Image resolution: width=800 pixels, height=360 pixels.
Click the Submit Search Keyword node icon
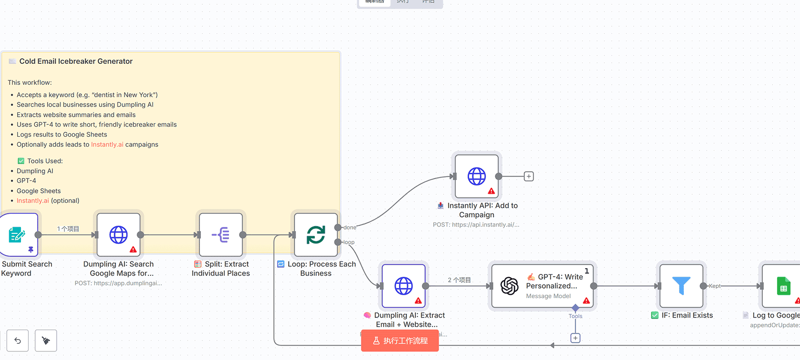coord(18,235)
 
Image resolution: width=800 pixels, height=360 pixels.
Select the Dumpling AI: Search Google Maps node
coord(119,235)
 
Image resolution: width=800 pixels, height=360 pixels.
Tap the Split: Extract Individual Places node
coord(221,235)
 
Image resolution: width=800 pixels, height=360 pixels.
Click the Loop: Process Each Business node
coord(316,235)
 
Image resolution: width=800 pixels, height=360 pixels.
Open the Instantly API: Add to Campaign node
coord(477,176)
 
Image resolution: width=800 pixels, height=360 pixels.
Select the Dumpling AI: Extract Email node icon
coord(404,286)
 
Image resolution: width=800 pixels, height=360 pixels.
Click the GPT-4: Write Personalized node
coord(543,286)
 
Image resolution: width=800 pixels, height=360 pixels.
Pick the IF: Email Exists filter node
coord(681,286)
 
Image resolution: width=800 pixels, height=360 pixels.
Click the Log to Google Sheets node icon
coord(783,286)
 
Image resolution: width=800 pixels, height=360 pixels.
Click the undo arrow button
coord(18,340)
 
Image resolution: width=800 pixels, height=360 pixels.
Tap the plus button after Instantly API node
coord(529,176)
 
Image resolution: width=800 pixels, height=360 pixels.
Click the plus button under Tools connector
coord(575,338)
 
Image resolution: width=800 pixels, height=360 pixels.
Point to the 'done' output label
coord(350,228)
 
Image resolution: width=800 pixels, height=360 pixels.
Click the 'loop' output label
coord(349,242)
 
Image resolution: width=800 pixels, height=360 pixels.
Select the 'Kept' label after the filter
coord(715,286)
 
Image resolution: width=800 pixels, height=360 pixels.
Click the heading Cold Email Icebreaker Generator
coord(76,61)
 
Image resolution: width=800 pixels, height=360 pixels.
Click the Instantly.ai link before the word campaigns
coord(107,145)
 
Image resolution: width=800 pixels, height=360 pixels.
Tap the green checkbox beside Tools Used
coord(21,161)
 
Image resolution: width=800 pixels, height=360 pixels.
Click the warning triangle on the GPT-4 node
coord(586,300)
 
